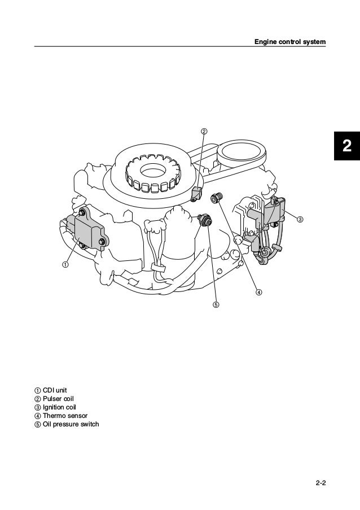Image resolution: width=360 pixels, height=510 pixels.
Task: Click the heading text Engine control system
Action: [290, 42]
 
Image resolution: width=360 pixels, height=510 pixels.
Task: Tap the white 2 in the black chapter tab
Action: [347, 146]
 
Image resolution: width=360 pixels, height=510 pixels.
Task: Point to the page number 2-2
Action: [321, 483]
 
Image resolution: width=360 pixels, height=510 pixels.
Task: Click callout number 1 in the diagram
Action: [65, 264]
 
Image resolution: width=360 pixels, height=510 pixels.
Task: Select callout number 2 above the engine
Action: [204, 132]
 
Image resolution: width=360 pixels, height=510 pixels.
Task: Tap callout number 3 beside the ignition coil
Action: [300, 219]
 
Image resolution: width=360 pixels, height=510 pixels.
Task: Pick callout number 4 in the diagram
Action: [258, 292]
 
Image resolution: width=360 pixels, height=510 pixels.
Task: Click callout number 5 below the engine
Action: [216, 305]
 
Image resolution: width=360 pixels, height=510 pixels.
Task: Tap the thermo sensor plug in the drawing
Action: [216, 198]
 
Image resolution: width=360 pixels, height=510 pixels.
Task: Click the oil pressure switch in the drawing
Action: [205, 220]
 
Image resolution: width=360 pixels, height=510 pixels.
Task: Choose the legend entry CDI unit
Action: [51, 390]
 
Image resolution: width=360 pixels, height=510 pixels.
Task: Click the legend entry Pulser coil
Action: [54, 399]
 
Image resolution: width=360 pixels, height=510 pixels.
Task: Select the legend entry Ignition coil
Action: [55, 407]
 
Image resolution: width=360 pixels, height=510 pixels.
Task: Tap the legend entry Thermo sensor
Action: [61, 416]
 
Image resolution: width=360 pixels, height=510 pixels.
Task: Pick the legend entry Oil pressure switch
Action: [67, 424]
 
